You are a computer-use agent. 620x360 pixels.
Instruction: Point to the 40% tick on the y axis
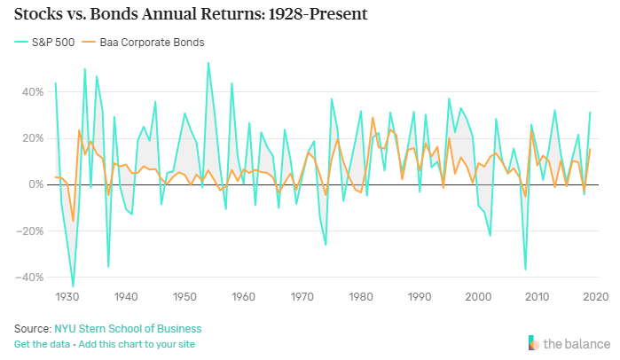33,91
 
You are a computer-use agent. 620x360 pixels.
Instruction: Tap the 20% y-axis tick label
33,137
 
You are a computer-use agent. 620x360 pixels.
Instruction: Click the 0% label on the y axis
36,184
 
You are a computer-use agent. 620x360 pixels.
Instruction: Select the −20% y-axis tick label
31,231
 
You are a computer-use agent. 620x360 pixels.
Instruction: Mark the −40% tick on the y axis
31,277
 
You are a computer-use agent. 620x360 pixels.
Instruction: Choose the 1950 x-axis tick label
184,296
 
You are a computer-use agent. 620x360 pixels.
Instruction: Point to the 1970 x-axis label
302,296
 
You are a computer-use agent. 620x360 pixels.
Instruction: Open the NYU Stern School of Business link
127,328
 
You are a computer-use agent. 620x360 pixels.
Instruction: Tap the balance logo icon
532,342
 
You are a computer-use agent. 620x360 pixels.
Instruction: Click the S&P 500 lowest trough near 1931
73,286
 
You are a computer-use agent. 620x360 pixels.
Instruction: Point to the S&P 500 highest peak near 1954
208,63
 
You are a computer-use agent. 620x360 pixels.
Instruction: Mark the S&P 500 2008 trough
525,270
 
